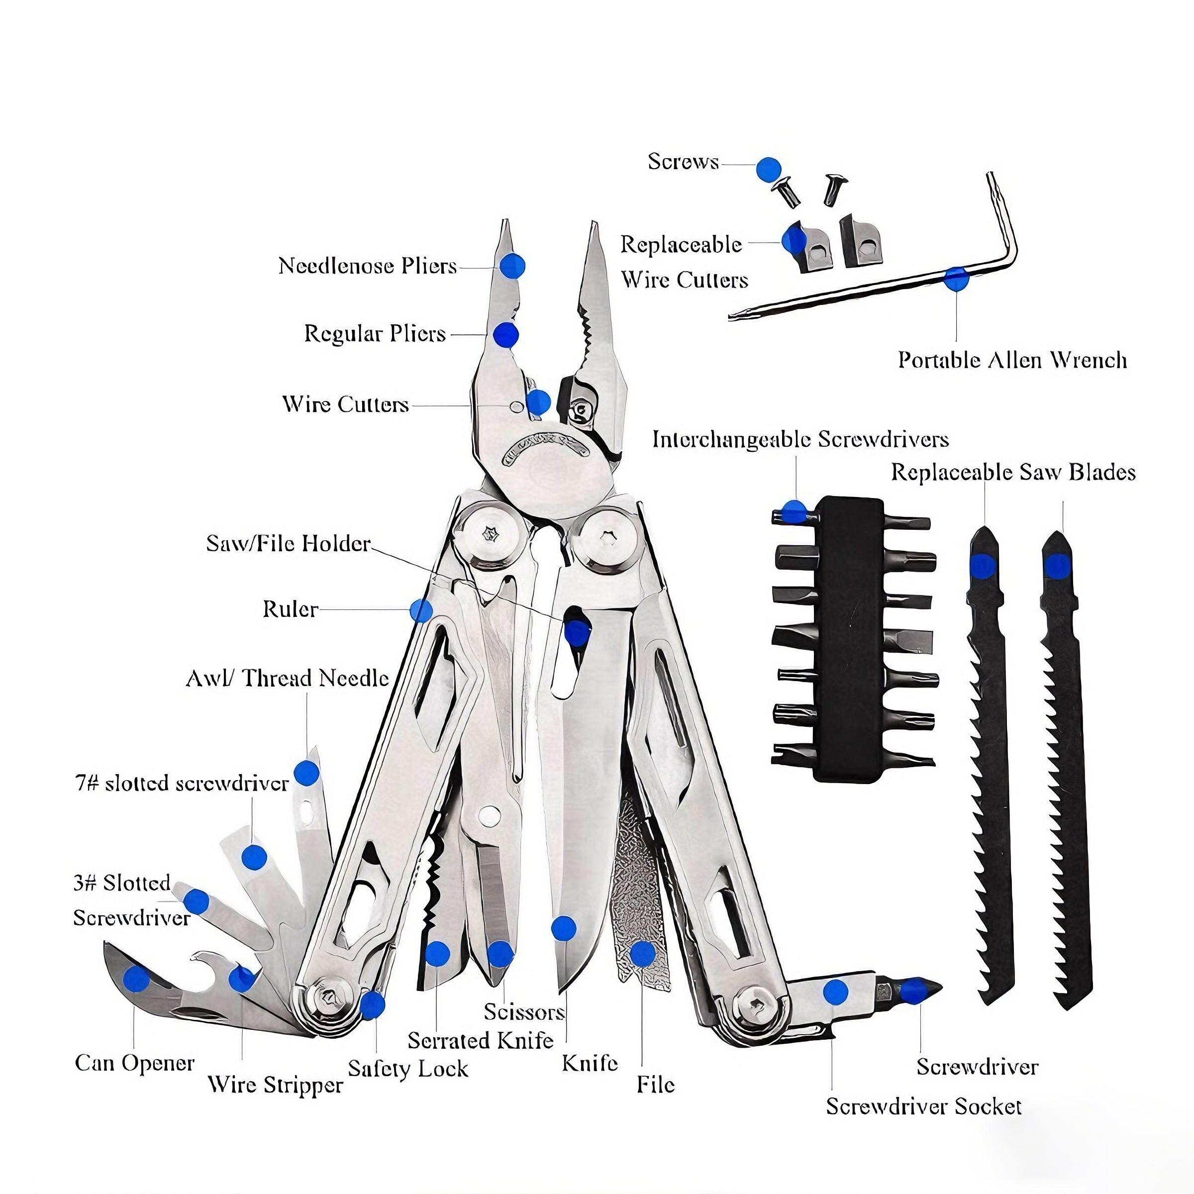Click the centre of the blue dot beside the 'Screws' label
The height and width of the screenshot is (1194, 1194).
(769, 169)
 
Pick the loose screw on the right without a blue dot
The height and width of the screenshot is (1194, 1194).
(834, 189)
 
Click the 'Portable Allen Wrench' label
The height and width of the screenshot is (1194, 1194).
(1012, 360)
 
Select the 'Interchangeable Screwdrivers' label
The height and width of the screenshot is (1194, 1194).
(800, 439)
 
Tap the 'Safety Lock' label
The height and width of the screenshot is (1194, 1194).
(408, 1069)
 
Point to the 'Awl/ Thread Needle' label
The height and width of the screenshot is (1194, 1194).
(288, 678)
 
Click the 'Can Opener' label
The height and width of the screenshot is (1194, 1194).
(135, 1063)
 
